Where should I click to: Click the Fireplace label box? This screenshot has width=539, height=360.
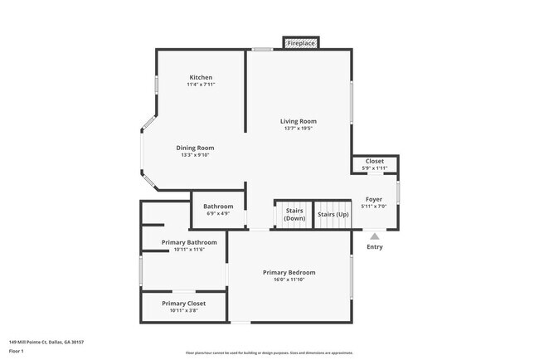tap(301, 42)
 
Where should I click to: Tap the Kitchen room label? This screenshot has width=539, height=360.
tap(201, 77)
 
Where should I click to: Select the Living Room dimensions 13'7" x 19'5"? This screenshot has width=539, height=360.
tap(298, 129)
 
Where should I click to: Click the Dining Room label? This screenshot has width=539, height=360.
tap(195, 148)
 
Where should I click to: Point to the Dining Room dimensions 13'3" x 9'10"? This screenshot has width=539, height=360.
tap(195, 155)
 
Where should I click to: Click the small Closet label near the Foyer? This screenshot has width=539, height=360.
tap(375, 161)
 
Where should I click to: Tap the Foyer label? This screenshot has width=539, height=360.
tap(374, 199)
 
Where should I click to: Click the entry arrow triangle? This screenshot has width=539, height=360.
tap(375, 236)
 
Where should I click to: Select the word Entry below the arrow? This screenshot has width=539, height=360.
tap(375, 246)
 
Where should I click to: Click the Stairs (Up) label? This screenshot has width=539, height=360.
tap(333, 214)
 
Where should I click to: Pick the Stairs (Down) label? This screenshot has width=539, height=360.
tap(294, 214)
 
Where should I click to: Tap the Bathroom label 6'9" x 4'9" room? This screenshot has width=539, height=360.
tap(218, 206)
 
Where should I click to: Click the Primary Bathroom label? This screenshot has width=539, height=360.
tap(189, 242)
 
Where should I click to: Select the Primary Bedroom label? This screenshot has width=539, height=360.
tap(289, 272)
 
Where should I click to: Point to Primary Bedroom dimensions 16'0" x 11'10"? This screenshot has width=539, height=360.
tap(289, 280)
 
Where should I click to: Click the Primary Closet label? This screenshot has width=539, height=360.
tap(183, 304)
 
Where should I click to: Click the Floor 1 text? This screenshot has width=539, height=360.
tap(17, 351)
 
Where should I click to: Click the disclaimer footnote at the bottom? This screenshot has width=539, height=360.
tap(269, 353)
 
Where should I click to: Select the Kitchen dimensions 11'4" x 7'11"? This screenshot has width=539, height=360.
tap(201, 85)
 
